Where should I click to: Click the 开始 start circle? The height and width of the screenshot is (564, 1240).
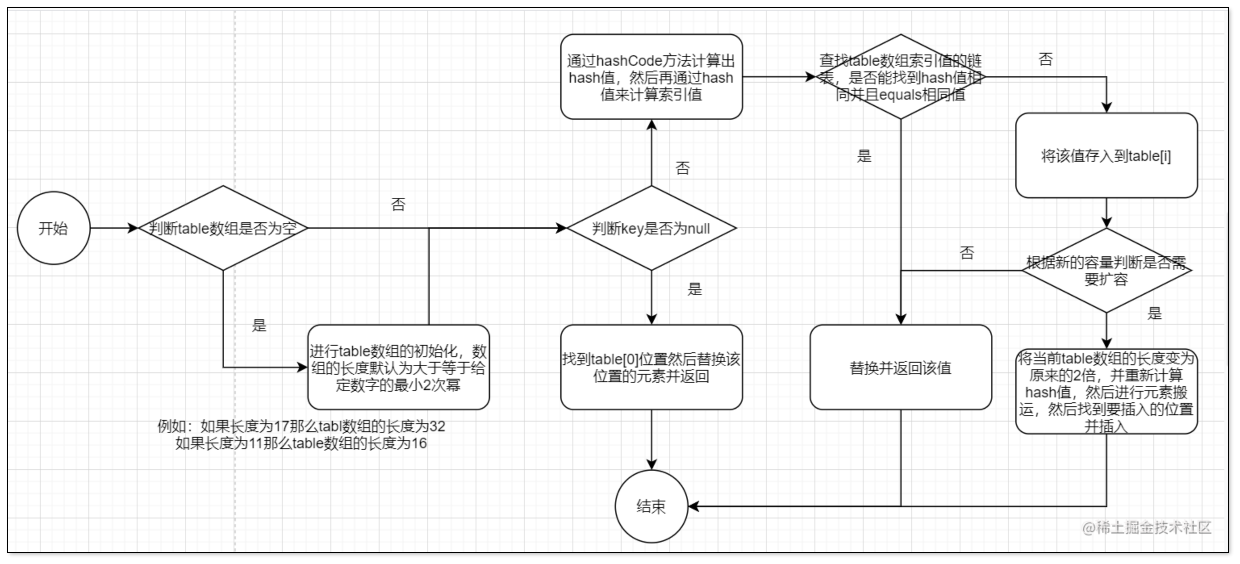[x=53, y=228]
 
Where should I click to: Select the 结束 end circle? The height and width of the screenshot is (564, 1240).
[x=651, y=506]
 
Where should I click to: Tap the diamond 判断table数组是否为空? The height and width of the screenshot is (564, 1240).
[x=223, y=228]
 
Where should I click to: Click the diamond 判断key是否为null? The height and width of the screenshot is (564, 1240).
[x=651, y=228]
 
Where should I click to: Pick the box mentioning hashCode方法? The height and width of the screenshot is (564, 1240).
[x=651, y=77]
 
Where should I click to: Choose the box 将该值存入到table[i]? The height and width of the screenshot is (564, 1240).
[x=1106, y=156]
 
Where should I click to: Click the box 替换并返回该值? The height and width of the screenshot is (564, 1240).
[x=900, y=368]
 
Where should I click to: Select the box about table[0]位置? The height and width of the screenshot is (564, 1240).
[x=651, y=368]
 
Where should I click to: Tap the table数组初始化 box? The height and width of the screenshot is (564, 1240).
[x=398, y=368]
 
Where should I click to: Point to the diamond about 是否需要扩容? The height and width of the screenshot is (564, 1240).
[x=1106, y=270]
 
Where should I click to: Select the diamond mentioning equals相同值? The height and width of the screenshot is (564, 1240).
[x=900, y=77]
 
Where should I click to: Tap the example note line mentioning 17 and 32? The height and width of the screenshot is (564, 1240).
[x=301, y=426]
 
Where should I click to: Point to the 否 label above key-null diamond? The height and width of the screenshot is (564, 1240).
[x=682, y=168]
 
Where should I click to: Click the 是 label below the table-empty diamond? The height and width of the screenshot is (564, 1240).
[x=259, y=325]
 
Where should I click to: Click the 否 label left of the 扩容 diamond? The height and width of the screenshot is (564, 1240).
[x=967, y=253]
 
